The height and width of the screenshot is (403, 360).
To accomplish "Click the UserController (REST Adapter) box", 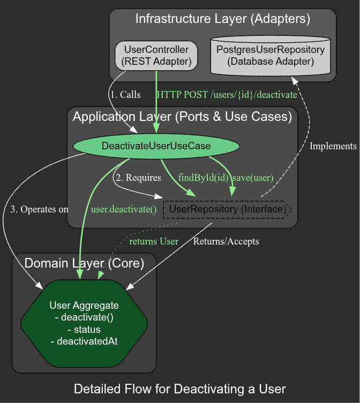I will [x=156, y=56].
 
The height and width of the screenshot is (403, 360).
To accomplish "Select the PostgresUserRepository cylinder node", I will [x=271, y=56].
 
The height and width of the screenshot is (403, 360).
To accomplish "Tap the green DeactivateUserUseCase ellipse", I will [x=156, y=146].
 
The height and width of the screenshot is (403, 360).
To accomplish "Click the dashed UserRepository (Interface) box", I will [x=227, y=209].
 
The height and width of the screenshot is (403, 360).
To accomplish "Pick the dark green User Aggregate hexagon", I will [x=84, y=323].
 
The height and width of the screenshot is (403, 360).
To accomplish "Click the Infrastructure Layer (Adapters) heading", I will [x=222, y=19].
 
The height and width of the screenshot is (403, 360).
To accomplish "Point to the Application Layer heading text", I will [x=182, y=117].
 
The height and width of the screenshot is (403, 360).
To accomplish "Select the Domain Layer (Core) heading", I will [x=84, y=263].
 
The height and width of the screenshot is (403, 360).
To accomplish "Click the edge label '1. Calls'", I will [x=125, y=95].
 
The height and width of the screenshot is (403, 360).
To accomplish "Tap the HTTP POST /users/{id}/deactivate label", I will [x=227, y=95].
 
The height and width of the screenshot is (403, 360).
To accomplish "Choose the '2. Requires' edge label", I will [x=139, y=178].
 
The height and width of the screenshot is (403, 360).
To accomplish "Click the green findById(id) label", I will [x=204, y=178].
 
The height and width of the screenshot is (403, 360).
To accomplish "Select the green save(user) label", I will [x=253, y=178].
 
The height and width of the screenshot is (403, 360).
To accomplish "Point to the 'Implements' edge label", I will [x=333, y=146].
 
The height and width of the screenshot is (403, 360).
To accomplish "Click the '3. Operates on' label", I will [x=39, y=209].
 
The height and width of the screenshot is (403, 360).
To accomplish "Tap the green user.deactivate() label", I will [x=124, y=209].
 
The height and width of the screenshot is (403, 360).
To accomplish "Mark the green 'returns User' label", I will [x=154, y=241].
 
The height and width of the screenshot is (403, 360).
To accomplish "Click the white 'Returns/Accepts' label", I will [x=226, y=241].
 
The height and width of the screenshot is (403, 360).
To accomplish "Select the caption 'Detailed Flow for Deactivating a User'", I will [x=180, y=389].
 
